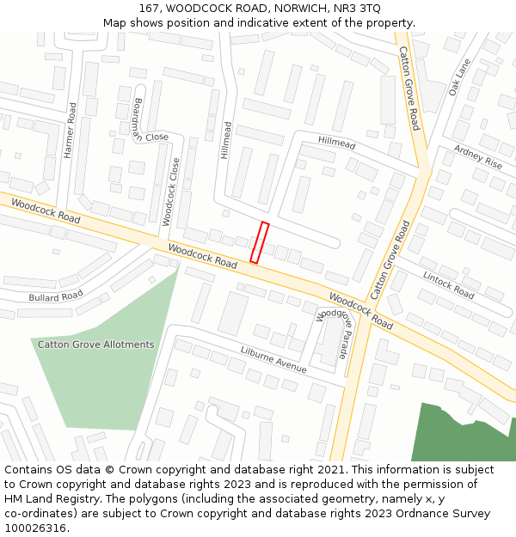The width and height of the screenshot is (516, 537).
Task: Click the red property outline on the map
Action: click(x=260, y=242)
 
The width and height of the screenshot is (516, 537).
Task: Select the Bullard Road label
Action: click(x=55, y=296)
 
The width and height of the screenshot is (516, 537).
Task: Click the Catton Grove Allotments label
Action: click(x=95, y=345)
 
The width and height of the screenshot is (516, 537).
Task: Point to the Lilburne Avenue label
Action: click(x=273, y=359)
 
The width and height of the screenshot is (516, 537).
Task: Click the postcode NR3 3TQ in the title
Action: click(x=357, y=8)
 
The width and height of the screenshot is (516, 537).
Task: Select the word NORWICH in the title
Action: click(x=289, y=8)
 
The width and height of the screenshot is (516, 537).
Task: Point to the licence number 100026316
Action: click(x=36, y=528)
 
